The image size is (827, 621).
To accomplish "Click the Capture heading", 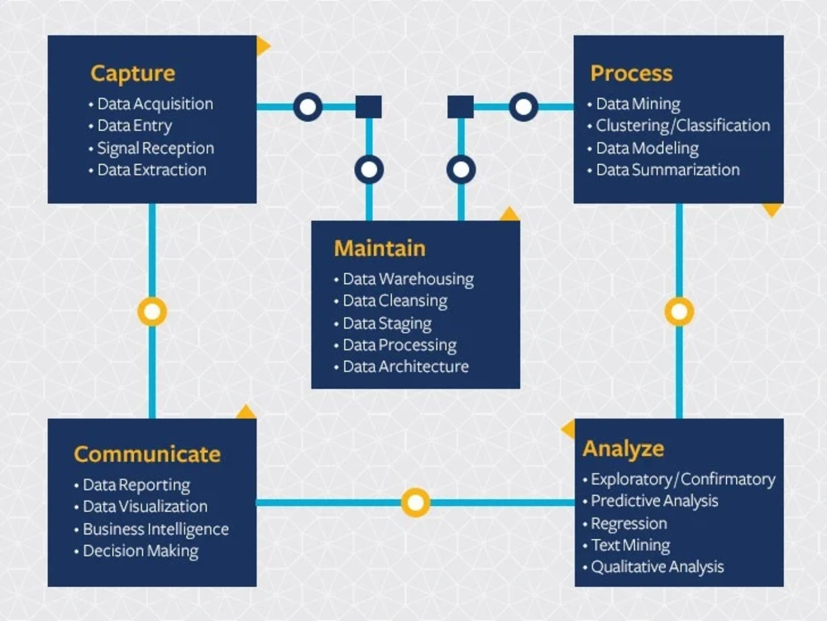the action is tap(132, 74).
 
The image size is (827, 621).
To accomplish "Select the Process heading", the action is tap(631, 74).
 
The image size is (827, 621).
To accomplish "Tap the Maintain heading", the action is tap(380, 248).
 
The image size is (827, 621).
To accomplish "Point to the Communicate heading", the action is tap(147, 454).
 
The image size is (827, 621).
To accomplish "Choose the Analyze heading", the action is tap(624, 449).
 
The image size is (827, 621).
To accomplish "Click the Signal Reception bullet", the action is tap(155, 148).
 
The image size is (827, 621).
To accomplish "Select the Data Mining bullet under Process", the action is tap(638, 104).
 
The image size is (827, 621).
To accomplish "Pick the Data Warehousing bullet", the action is tap(409, 279).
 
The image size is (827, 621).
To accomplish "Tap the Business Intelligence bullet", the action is tap(155, 529).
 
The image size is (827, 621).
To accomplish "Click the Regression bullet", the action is tap(629, 523).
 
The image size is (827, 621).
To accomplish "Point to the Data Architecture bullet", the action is tap(405, 367).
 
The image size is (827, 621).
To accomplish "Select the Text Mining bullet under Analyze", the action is tap(630, 545).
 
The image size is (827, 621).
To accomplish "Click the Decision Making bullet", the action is tap(141, 551).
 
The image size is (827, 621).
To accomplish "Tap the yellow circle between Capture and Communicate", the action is tap(152, 311).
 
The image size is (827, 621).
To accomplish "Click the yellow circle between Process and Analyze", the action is tap(679, 311).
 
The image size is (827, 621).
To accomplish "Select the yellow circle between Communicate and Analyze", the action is tap(416, 503).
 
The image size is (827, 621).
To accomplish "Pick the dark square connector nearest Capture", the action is tap(369, 107).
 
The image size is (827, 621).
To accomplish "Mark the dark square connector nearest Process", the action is tap(461, 107).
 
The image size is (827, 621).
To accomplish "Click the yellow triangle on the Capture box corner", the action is tap(263, 46).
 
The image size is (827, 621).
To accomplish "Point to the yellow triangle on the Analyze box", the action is tap(569, 429).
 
